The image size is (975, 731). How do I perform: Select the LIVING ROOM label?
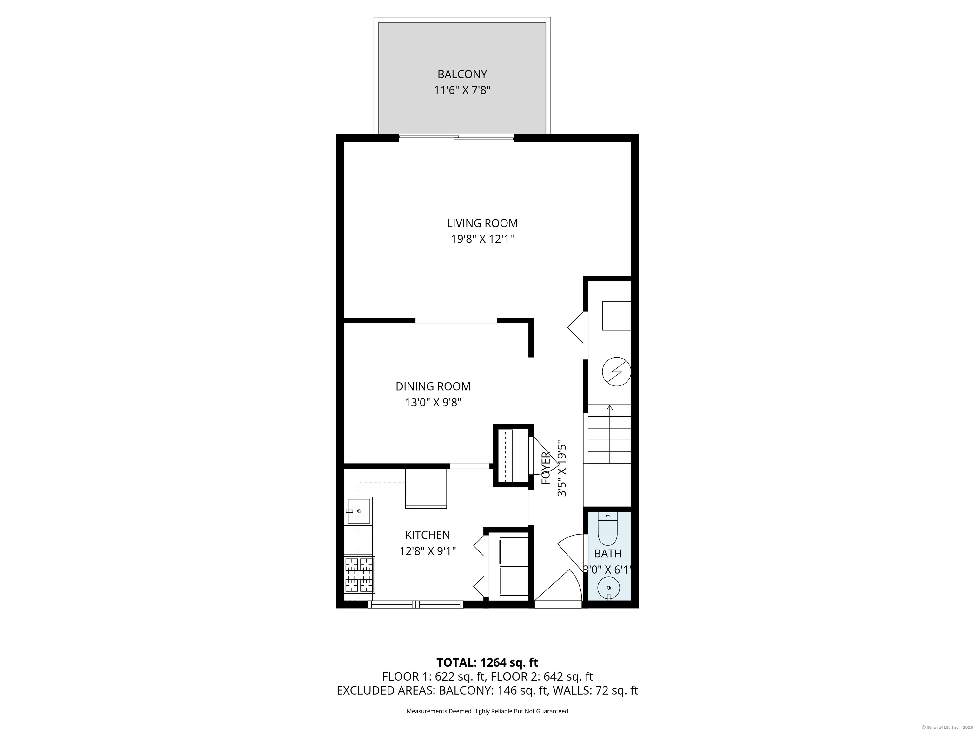[x=482, y=223]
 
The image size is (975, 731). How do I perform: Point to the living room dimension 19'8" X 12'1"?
[x=482, y=239]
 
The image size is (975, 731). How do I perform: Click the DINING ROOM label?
[x=433, y=386]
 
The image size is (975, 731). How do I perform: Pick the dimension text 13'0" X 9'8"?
[x=433, y=403]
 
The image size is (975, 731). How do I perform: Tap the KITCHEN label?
[x=428, y=535]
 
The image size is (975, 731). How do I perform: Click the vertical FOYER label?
[x=546, y=468]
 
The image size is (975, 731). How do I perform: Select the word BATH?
[x=608, y=553]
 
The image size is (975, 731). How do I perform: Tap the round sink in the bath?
[x=609, y=588]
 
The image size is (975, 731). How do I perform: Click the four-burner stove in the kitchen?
[x=359, y=575]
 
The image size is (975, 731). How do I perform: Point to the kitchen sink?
[x=359, y=511]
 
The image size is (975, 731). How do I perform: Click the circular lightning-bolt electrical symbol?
[x=616, y=372]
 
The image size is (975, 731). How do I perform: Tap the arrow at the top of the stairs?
[x=610, y=408]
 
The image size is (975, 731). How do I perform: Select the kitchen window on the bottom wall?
[x=416, y=604]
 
